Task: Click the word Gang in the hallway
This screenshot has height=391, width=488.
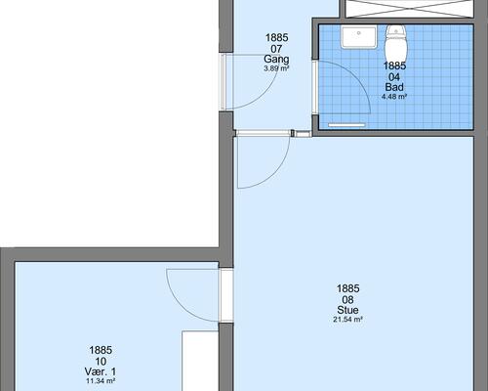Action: (276, 60)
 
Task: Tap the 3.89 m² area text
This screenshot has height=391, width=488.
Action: (276, 68)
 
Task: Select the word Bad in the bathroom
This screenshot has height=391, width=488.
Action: (394, 87)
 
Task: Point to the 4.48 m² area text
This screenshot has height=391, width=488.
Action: (394, 97)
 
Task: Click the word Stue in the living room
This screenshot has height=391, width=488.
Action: (347, 310)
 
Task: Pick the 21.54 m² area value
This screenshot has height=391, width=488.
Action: (347, 320)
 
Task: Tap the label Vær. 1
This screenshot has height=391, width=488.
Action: (101, 371)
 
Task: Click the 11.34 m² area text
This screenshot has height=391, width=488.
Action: (101, 381)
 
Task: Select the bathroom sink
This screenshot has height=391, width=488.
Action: (359, 37)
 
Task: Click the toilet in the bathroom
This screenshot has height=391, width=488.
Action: (396, 42)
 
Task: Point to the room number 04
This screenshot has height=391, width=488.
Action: (394, 77)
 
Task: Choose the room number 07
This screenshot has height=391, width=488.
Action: (276, 49)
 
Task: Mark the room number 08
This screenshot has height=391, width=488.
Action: (347, 299)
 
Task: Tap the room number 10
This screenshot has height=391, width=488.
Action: (101, 361)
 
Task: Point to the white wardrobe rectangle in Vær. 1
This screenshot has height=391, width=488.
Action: (200, 361)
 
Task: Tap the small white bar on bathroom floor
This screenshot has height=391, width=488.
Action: (346, 125)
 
